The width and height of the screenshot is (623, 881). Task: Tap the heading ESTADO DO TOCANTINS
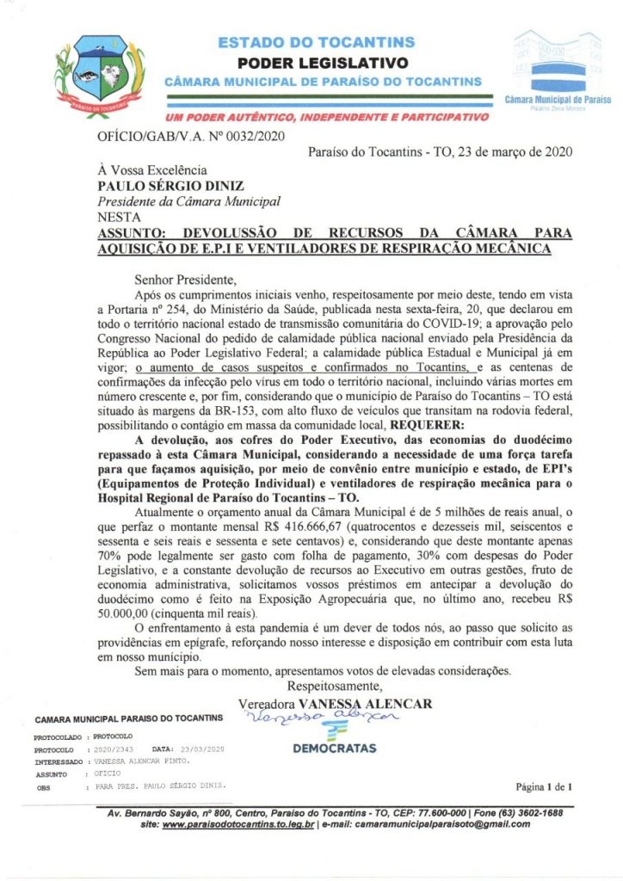(x=317, y=42)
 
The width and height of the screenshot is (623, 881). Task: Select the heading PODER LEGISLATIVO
(x=322, y=62)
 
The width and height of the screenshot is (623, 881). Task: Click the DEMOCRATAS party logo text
(x=335, y=749)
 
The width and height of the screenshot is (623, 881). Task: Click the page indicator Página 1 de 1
(x=543, y=786)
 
